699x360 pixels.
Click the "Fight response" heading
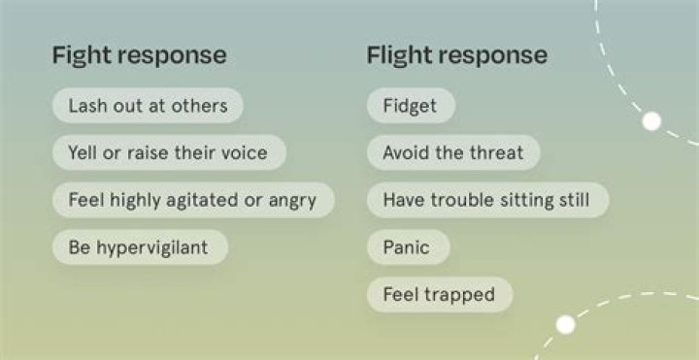coord(139,54)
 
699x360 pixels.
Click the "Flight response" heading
coord(456,54)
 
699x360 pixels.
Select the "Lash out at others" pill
coord(148,106)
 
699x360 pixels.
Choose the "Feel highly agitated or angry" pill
coord(192,200)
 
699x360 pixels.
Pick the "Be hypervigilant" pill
coord(138,247)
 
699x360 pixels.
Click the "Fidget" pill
coord(411,106)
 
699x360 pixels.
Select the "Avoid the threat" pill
coord(452,152)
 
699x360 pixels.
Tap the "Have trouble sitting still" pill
coord(487,200)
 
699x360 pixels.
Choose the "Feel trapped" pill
coord(439,294)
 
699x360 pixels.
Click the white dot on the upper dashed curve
coord(652,121)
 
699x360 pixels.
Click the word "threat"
coord(498,152)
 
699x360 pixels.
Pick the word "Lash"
coord(85,106)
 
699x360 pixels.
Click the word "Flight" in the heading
coord(400,54)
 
